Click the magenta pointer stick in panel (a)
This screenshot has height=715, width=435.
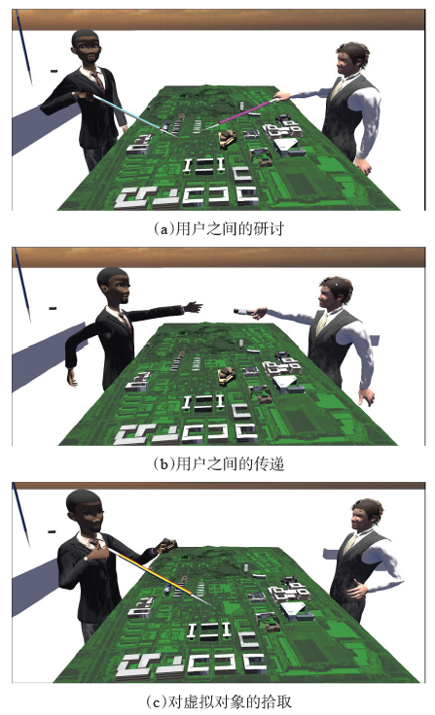243,114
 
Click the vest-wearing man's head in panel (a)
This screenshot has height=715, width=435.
351,60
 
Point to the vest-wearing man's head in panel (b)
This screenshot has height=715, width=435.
336,294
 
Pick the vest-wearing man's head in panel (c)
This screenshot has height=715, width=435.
367,515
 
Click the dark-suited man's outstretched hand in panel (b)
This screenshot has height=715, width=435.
194,307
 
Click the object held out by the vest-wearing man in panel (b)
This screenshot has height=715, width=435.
243,312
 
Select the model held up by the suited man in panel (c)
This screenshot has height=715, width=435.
166,545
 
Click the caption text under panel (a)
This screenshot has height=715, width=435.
218,228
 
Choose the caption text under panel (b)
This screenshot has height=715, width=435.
218,463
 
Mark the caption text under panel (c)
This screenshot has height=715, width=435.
218,700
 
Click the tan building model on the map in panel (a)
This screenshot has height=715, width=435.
227,139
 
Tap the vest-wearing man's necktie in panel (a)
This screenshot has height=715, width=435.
337,89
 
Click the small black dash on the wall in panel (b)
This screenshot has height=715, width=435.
53,309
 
